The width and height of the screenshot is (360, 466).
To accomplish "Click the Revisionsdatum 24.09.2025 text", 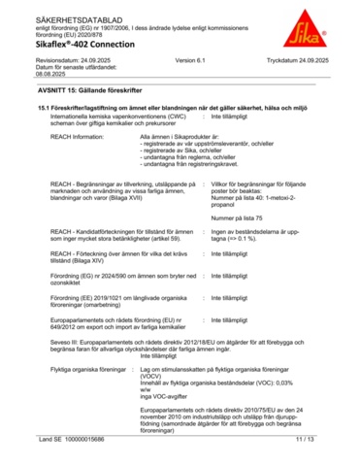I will (62, 60).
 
